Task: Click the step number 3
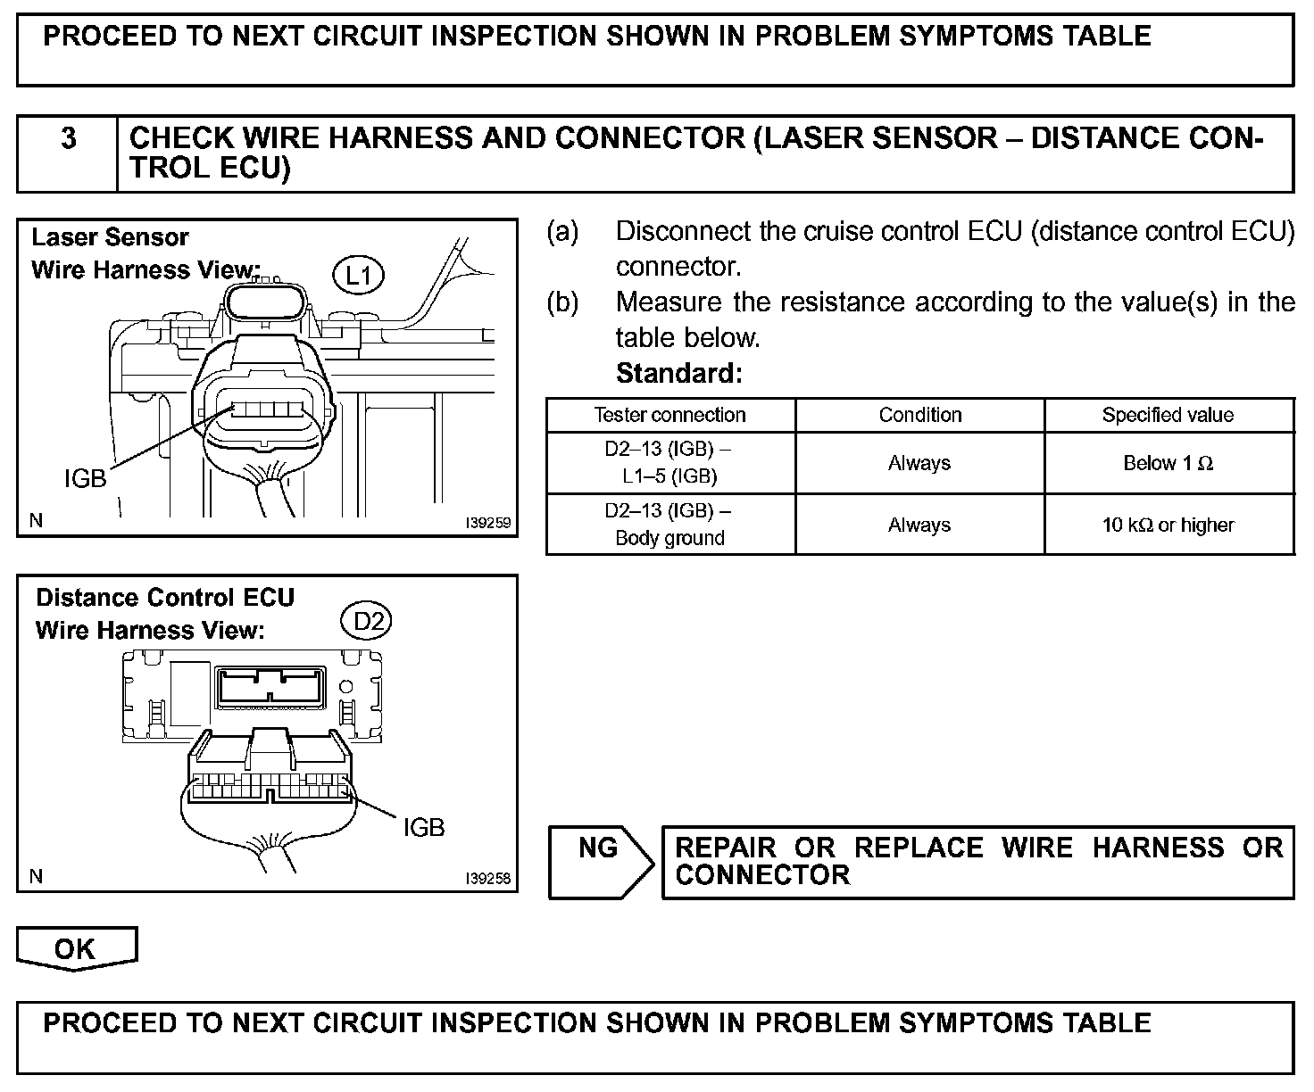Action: coord(68,139)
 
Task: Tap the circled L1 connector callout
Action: coord(358,275)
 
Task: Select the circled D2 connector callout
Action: coord(368,620)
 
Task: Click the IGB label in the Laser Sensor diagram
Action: coord(85,479)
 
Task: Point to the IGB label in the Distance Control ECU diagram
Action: coord(423,828)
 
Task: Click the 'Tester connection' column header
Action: coord(669,415)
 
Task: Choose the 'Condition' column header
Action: coord(919,415)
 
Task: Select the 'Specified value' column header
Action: coord(1168,415)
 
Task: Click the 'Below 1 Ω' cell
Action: coord(1168,463)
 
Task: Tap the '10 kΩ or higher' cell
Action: coord(1168,525)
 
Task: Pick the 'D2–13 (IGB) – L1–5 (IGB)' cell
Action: coord(669,463)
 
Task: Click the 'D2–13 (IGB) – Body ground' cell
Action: coord(669,525)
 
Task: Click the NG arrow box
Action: coord(599,860)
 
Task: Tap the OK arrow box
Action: coord(76,948)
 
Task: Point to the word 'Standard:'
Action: coord(678,373)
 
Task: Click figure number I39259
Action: coord(488,523)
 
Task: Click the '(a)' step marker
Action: coord(562,232)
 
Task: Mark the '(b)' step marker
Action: coord(562,302)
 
